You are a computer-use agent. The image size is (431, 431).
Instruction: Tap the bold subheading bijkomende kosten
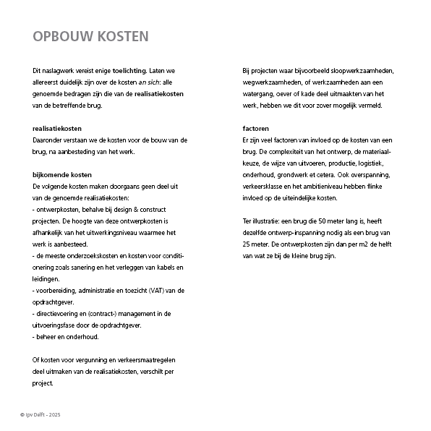click(62, 175)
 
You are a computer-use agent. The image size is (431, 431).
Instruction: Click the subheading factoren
click(257, 128)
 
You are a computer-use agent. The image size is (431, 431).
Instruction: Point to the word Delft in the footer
click(40, 414)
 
